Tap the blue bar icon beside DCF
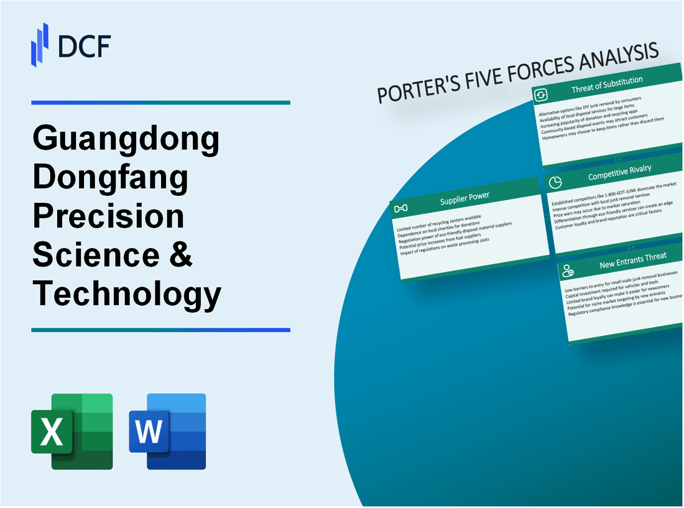click(40, 45)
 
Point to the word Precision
click(108, 217)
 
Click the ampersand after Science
click(180, 255)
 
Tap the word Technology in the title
click(127, 293)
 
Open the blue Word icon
click(168, 431)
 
